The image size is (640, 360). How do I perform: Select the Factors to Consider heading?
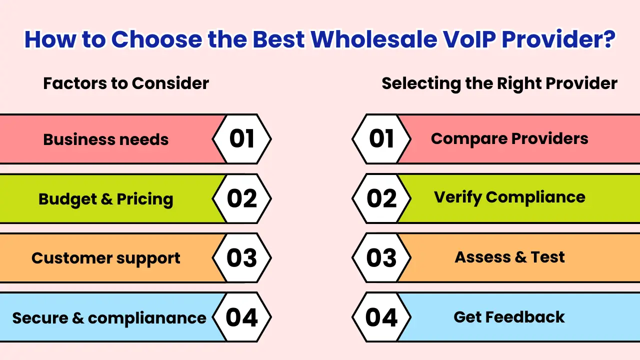126,83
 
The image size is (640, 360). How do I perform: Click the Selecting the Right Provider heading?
499,83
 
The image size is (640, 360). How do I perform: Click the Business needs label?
106,139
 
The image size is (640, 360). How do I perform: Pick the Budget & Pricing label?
106,199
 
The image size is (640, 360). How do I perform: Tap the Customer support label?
106,258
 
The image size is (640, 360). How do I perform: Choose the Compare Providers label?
509,138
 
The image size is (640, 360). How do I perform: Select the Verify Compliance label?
509,197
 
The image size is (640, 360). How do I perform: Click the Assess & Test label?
509,257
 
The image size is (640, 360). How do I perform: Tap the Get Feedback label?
509,317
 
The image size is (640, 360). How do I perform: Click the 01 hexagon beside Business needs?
242,139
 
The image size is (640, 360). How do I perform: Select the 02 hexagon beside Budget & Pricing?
242,198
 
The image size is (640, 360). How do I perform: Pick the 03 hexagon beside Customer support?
242,258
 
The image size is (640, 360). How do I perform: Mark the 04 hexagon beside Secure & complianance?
242,317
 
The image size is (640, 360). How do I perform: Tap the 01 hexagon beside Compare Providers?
381,139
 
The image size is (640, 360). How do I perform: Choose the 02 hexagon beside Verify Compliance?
381,198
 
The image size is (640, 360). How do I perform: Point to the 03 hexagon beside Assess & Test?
381,258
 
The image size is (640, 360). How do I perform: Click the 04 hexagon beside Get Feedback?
381,317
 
